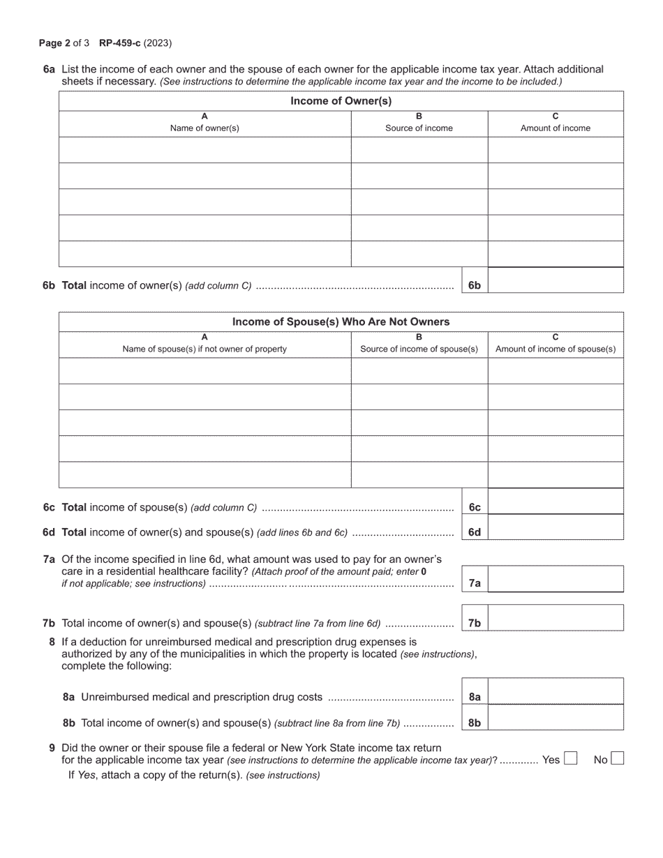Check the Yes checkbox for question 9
570,759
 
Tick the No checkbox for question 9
617,759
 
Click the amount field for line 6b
556,280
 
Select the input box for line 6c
556,502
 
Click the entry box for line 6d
556,527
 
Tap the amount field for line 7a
556,579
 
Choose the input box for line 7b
556,618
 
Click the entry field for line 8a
556,691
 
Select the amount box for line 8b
556,718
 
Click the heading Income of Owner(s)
341,101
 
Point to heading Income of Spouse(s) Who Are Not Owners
341,322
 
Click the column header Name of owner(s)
204,128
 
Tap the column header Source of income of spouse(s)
419,349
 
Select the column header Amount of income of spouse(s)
556,349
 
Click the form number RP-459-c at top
120,43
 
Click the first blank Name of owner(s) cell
204,150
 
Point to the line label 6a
49,69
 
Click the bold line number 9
52,748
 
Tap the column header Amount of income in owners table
556,128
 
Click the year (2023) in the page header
158,43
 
